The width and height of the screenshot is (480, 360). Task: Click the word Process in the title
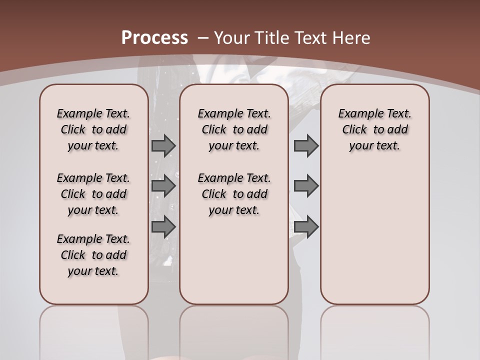click(x=154, y=38)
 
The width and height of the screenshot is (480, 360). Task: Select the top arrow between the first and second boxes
click(x=163, y=145)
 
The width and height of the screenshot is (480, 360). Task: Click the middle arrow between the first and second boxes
click(x=163, y=186)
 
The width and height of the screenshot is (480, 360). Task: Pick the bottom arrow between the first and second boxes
click(x=163, y=227)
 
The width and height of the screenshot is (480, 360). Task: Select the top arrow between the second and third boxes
click(x=306, y=145)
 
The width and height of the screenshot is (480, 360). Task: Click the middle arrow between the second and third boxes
click(x=306, y=186)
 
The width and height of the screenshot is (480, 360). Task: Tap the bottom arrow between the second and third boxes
click(x=306, y=227)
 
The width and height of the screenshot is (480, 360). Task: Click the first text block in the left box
click(x=93, y=129)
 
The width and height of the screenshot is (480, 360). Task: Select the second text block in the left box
click(x=93, y=194)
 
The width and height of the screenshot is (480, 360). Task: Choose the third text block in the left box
click(x=93, y=255)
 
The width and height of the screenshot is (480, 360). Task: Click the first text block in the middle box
click(x=234, y=129)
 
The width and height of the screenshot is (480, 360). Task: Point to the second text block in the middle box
click(x=234, y=194)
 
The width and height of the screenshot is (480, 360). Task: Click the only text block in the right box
click(x=374, y=129)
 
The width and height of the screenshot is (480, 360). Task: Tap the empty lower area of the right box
click(x=374, y=235)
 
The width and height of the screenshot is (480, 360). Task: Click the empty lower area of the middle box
click(x=234, y=260)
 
